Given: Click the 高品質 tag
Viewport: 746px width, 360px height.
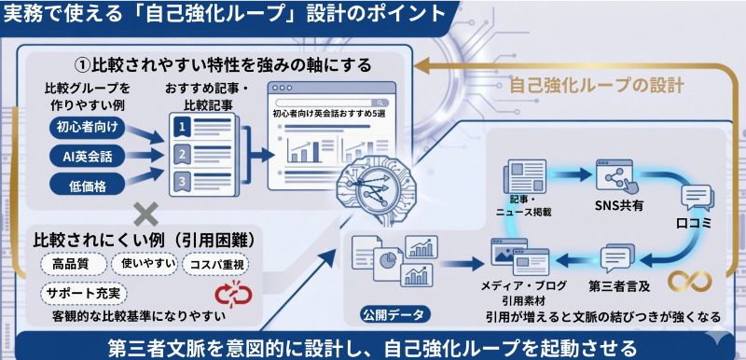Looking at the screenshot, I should (x=71, y=264).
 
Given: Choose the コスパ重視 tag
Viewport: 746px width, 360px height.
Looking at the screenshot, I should (x=216, y=264).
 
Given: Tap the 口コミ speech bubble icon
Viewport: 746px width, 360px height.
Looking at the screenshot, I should (x=698, y=198).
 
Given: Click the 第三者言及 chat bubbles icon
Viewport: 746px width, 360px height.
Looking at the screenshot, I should (x=617, y=256).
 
